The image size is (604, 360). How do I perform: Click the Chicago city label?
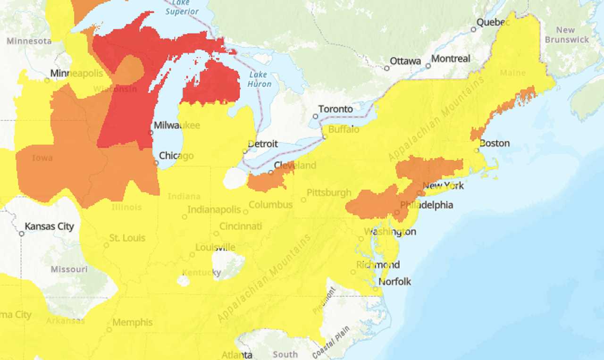coord(176,156)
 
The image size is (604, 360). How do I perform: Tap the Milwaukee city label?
coord(177,126)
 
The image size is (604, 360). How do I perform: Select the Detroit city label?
coord(263,144)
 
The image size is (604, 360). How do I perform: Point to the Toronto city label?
coord(336,109)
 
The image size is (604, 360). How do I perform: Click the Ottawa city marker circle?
coord(387,68)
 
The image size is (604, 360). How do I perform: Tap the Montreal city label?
coord(451,59)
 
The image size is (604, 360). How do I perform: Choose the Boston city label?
coord(495,143)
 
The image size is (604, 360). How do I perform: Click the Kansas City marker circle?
coord(22,234)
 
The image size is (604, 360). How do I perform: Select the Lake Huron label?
coord(260,79)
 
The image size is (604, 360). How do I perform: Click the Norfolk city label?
coord(395,282)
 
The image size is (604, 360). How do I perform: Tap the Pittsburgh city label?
coord(329,193)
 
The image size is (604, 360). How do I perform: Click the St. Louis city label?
coord(127,238)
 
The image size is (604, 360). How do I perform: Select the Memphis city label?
coord(133,323)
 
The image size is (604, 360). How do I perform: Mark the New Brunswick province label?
coord(567,34)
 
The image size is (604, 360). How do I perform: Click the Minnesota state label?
coord(29,41)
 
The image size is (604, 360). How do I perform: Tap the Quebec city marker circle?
coord(473,29)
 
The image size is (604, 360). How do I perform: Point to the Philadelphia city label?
coord(427,205)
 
